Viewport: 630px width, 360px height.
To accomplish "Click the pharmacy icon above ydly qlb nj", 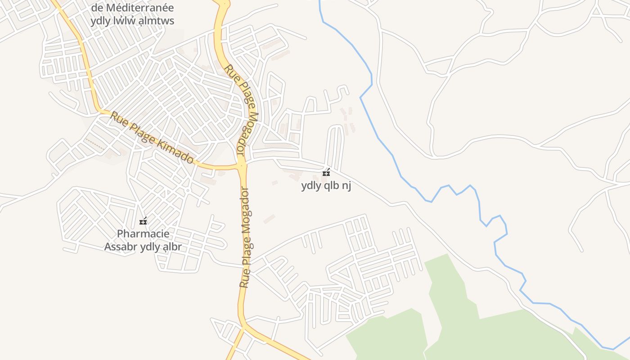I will click(326, 172).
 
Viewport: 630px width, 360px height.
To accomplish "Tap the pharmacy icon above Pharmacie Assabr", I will click(143, 221).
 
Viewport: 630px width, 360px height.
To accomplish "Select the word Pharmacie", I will click(137, 234).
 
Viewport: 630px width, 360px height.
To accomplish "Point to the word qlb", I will click(331, 185).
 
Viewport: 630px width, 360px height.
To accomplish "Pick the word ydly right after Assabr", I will click(150, 247).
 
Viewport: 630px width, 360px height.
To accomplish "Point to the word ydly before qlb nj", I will click(310, 185).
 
